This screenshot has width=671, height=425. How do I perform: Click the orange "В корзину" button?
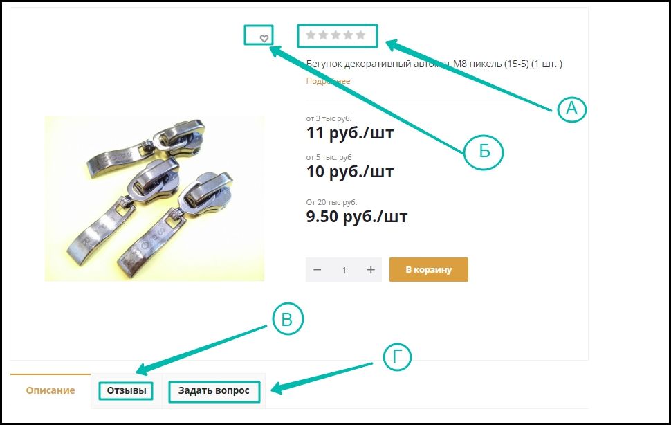428,270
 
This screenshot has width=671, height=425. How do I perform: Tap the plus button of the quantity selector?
371,270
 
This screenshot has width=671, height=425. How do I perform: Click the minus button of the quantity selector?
317,270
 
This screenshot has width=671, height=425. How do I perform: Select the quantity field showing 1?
344,270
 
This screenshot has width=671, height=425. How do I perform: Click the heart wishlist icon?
264,38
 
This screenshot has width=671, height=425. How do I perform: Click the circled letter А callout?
572,108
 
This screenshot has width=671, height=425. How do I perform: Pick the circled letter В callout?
288,320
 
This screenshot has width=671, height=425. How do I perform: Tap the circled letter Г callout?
397,357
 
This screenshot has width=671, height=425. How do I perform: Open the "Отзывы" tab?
126,390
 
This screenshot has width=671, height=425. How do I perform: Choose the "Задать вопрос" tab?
214,390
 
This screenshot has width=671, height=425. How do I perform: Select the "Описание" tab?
50,390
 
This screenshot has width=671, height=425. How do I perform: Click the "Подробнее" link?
328,81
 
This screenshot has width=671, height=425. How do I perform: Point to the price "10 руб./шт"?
350,171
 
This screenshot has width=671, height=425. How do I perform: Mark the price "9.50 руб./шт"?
357,217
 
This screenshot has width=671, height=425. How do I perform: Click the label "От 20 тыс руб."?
331,202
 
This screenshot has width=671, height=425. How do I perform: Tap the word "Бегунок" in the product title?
324,64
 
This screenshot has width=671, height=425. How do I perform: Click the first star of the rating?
311,35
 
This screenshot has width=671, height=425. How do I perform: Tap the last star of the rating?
360,35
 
